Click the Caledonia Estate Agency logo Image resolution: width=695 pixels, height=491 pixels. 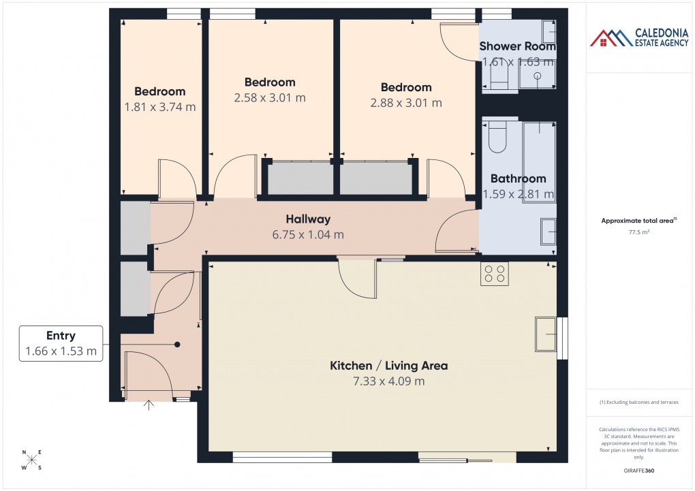639,37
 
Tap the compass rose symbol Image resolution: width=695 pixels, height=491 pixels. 31,460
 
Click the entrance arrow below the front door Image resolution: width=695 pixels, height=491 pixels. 149,406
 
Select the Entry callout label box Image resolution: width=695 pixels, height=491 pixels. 61,343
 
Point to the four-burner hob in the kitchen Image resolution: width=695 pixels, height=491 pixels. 494,273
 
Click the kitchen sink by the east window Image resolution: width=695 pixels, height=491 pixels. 546,334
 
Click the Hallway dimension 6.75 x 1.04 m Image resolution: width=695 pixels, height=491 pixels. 308,235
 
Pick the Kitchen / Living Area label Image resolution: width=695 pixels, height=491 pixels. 388,366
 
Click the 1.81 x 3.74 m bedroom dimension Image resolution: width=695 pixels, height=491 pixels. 160,107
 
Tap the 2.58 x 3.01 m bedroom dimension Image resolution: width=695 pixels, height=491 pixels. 270,97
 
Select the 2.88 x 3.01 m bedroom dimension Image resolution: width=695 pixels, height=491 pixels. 406,103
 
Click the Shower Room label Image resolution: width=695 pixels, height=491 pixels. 518,46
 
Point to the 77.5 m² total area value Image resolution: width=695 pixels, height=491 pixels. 639,232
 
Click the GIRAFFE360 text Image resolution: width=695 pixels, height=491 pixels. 639,470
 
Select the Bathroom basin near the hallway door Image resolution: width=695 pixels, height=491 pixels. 548,231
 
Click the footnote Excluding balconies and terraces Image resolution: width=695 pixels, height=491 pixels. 639,402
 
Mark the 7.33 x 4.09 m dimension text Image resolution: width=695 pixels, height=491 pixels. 388,381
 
